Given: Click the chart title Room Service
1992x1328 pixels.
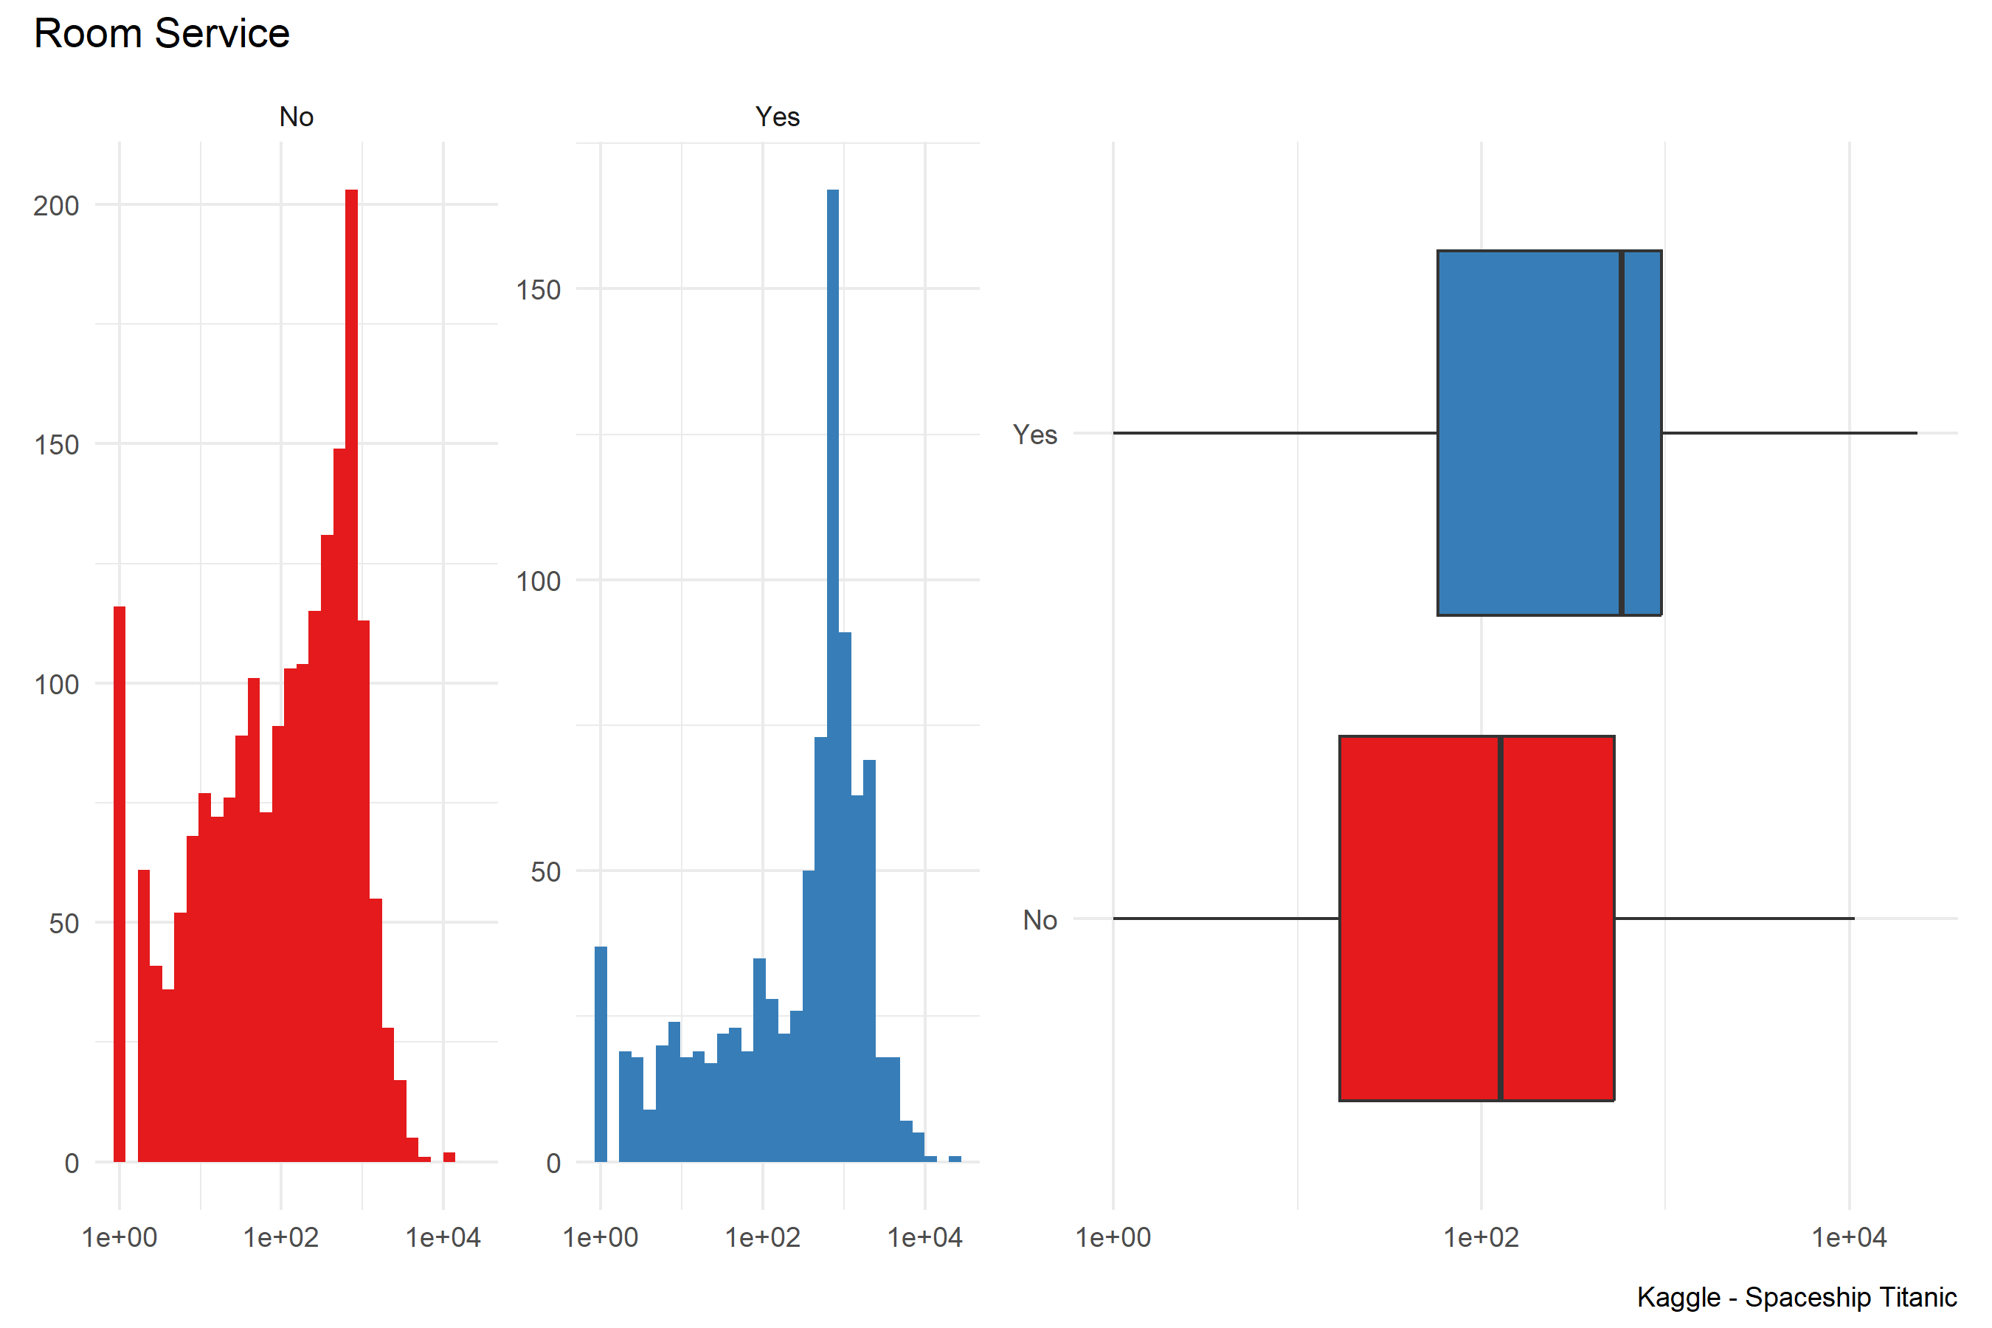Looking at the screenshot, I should click(x=162, y=34).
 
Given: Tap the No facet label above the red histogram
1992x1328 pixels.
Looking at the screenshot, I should click(x=297, y=117).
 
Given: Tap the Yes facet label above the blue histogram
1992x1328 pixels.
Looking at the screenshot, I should click(x=777, y=117).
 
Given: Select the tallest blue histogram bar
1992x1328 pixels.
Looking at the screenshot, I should click(x=832, y=677).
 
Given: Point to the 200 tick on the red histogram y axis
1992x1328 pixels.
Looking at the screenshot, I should click(x=56, y=206).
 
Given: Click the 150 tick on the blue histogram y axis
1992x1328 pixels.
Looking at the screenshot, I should click(x=539, y=291).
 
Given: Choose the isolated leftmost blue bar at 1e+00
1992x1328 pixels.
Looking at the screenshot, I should click(x=601, y=1054).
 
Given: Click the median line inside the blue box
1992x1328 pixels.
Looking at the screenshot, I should click(x=1621, y=433).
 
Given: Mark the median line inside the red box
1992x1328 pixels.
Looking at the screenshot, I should click(x=1500, y=918).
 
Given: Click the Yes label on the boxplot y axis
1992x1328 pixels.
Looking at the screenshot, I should click(x=1035, y=435).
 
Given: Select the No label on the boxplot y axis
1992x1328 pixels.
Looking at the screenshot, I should click(x=1040, y=920).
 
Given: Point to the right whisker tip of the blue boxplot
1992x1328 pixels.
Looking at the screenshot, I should click(x=1916, y=433).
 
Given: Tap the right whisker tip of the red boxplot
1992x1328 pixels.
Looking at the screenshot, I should click(x=1853, y=918).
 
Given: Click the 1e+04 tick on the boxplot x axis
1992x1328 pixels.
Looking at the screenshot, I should click(x=1849, y=1237).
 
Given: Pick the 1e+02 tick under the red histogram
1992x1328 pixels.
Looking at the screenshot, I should click(x=281, y=1237).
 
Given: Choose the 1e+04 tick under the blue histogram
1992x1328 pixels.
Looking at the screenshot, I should click(x=925, y=1237).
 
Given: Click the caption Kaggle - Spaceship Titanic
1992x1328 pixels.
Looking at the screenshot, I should click(x=1796, y=1297).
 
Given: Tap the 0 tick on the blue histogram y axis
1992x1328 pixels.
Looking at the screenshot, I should click(x=553, y=1163).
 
